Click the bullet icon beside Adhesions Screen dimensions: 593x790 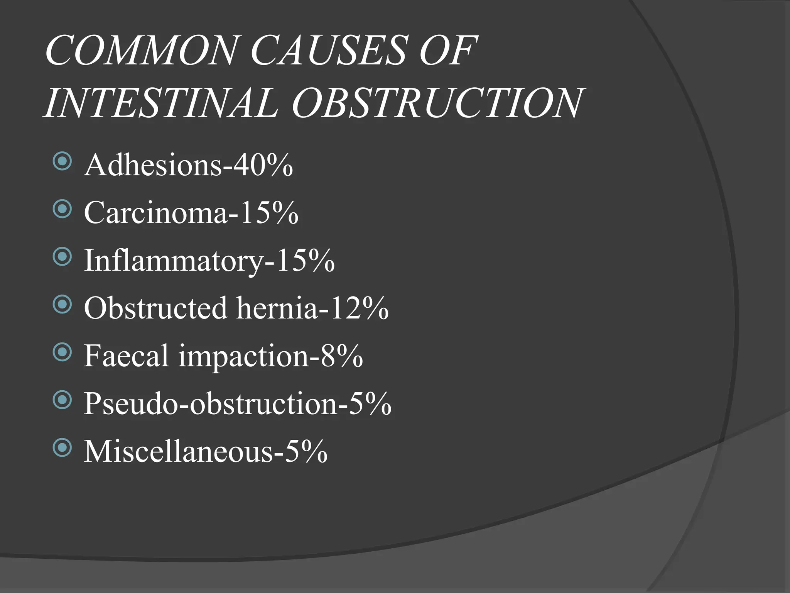tap(62, 161)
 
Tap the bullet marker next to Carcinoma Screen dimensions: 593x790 tap(62, 209)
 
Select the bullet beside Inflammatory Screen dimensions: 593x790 tap(62, 257)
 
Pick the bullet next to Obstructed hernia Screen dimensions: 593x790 tap(62, 305)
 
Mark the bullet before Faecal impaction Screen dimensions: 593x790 tap(62, 352)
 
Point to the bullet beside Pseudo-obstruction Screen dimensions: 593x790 tap(62, 400)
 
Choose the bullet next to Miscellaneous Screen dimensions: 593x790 tap(62, 447)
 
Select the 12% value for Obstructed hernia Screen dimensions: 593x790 tap(359, 308)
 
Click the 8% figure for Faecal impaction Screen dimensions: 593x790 tap(341, 356)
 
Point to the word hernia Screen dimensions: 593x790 tap(277, 308)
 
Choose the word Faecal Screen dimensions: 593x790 tap(126, 356)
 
